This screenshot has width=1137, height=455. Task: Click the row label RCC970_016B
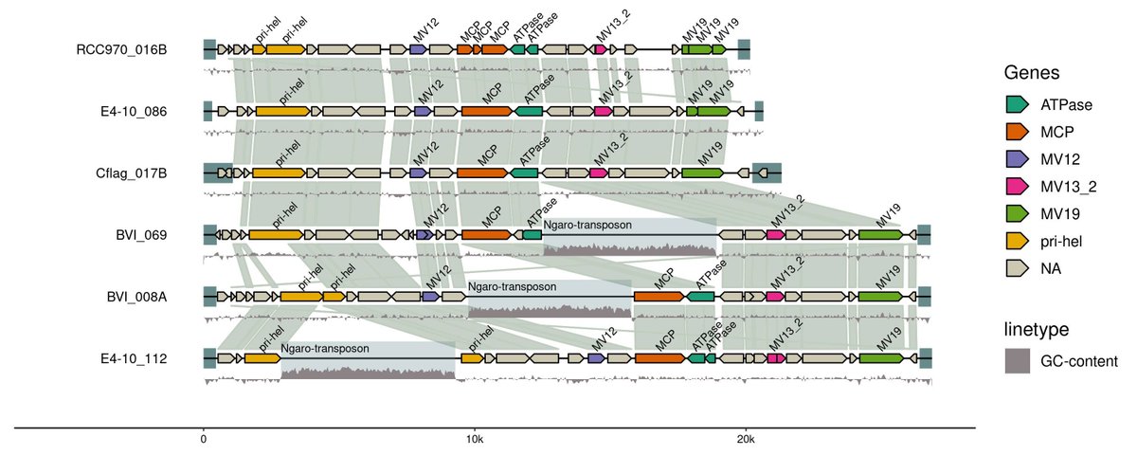122,49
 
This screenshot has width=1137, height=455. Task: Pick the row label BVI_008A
136,297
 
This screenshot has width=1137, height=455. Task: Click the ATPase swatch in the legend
1018,103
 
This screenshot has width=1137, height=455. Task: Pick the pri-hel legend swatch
1018,242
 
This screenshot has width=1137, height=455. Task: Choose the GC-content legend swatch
1018,360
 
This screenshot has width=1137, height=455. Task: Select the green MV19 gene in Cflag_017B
701,173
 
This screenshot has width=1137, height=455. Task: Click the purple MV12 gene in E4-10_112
597,358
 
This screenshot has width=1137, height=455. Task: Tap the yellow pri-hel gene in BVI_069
277,235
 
